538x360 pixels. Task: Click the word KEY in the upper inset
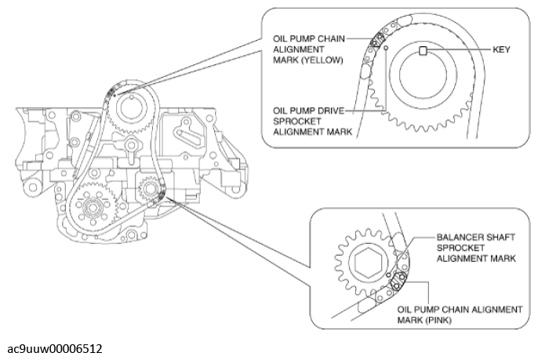pyautogui.click(x=502, y=49)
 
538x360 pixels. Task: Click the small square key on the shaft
pyautogui.click(x=423, y=51)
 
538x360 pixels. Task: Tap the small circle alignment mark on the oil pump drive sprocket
pyautogui.click(x=387, y=48)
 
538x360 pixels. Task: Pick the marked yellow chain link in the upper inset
pyautogui.click(x=377, y=38)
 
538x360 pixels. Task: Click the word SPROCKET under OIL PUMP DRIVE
pyautogui.click(x=294, y=123)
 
